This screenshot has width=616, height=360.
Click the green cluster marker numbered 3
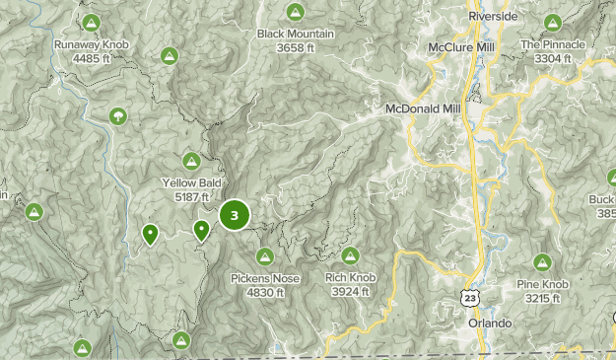[235, 214]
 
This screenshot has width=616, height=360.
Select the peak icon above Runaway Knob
[91, 22]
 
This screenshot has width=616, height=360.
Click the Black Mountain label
[295, 40]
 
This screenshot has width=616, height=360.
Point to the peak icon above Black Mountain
[294, 11]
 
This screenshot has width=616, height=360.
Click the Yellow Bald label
[191, 189]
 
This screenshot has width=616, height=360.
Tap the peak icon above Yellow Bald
[191, 161]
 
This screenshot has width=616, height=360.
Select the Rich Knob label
[350, 285]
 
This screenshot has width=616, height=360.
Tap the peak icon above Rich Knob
[350, 255]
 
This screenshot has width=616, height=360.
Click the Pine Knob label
[542, 291]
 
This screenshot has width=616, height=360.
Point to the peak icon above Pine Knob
[542, 262]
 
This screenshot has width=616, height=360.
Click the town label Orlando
[490, 324]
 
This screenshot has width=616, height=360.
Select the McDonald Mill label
[424, 109]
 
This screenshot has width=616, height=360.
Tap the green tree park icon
[119, 116]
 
